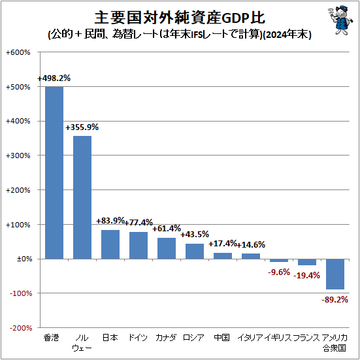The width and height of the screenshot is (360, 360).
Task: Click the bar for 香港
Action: (x=54, y=172)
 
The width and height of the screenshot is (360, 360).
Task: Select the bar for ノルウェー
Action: (x=82, y=197)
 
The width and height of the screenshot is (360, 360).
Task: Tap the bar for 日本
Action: (x=110, y=244)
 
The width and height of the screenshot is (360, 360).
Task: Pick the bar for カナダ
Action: (x=167, y=248)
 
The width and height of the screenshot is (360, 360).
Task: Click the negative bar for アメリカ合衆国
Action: (x=335, y=274)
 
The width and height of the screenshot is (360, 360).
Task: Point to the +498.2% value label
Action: (x=54, y=78)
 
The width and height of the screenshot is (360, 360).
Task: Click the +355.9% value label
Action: (x=82, y=127)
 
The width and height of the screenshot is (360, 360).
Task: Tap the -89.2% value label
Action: (x=335, y=299)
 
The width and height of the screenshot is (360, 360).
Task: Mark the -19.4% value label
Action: (x=307, y=275)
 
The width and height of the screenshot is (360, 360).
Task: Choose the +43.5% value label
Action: (x=195, y=235)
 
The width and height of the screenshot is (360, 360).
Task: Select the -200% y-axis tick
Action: (x=19, y=327)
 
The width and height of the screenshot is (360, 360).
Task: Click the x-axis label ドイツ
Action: (x=139, y=338)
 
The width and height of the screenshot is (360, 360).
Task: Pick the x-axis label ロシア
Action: (x=195, y=338)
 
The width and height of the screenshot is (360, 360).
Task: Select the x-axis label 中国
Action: (x=223, y=338)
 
